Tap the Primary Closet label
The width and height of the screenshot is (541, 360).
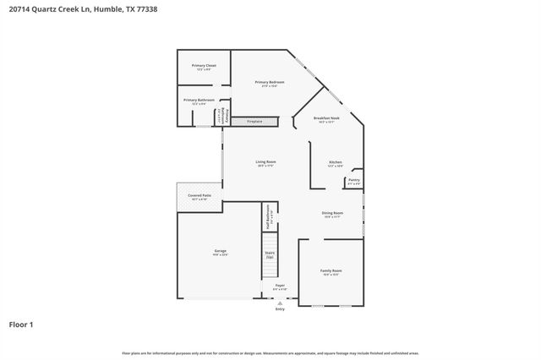204,67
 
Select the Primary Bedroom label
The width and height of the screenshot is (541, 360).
270,84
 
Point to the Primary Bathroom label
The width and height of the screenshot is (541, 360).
199,102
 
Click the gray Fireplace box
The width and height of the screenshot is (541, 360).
254,122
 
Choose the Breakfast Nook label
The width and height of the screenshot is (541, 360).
326,120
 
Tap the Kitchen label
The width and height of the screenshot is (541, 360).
335,163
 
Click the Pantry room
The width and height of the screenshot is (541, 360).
353,181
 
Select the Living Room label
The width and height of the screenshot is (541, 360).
266,163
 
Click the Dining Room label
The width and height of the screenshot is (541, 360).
332,215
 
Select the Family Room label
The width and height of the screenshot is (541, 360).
331,272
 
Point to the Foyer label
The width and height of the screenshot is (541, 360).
280,287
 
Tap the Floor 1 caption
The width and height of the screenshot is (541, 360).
21,324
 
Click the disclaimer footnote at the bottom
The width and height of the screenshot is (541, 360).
270,352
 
